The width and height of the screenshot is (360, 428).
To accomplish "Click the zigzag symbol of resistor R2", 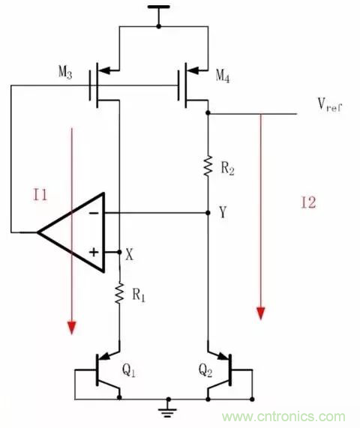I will (208, 165).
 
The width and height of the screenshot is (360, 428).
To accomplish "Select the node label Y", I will (223, 213).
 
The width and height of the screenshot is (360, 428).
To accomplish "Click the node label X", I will (129, 254).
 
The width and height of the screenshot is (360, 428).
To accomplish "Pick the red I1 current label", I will (40, 196).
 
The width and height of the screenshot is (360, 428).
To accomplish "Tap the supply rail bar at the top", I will (158, 8).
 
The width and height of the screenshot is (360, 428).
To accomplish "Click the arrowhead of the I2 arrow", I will (261, 313).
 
